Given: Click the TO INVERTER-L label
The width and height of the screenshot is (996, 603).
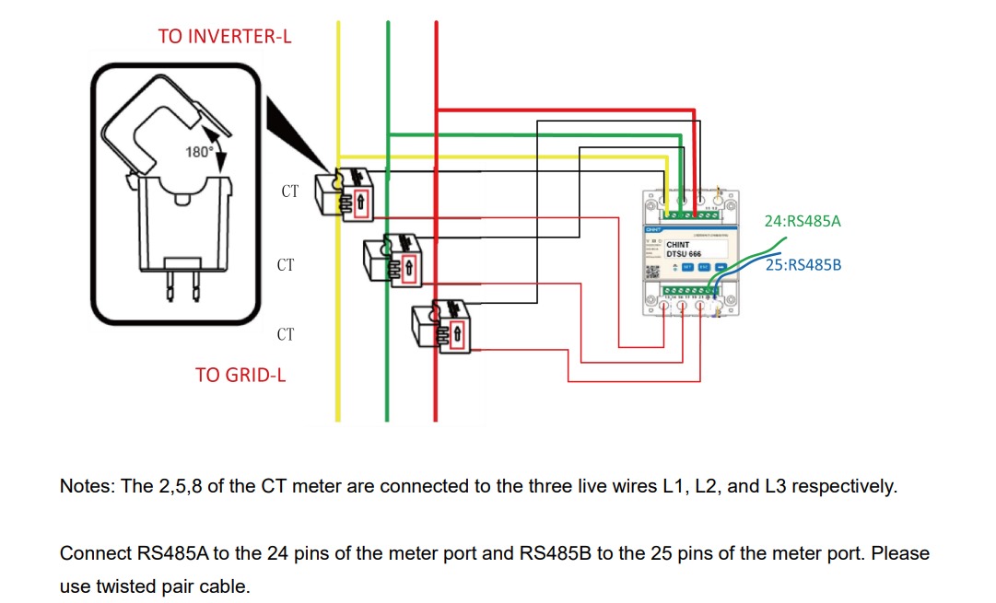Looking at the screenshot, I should point(225,36).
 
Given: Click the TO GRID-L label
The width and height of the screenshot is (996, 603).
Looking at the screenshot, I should point(240,375).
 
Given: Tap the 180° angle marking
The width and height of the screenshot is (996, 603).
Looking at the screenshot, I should point(199,152).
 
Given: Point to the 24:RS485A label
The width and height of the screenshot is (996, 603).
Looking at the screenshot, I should point(803,221).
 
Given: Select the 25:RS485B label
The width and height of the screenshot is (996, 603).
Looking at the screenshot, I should point(803,264).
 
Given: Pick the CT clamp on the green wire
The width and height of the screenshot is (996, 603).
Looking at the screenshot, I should point(392,259).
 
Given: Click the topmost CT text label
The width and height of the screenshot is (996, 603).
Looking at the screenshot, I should point(289,191).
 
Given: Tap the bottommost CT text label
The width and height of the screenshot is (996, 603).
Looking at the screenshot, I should point(286,334).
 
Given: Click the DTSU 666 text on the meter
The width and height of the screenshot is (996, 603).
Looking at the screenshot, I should point(684,254).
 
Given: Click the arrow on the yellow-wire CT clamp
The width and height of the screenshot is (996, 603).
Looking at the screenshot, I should point(361,201).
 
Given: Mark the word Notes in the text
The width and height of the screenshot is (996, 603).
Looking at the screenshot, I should point(82,486).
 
